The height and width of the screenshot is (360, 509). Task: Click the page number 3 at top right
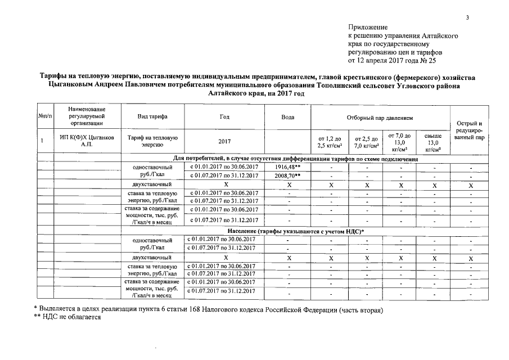click(x=467, y=18)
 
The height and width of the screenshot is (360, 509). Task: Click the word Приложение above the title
click(x=368, y=27)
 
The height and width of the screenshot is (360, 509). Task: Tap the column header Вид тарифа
click(x=152, y=117)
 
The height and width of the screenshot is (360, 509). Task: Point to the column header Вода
click(x=287, y=117)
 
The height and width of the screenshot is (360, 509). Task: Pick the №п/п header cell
click(x=45, y=117)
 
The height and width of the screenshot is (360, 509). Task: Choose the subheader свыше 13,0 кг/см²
click(x=433, y=143)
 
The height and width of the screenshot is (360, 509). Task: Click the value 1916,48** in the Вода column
click(x=288, y=168)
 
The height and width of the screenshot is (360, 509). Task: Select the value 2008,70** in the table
click(x=288, y=176)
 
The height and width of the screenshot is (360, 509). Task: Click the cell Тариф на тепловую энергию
click(x=152, y=141)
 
